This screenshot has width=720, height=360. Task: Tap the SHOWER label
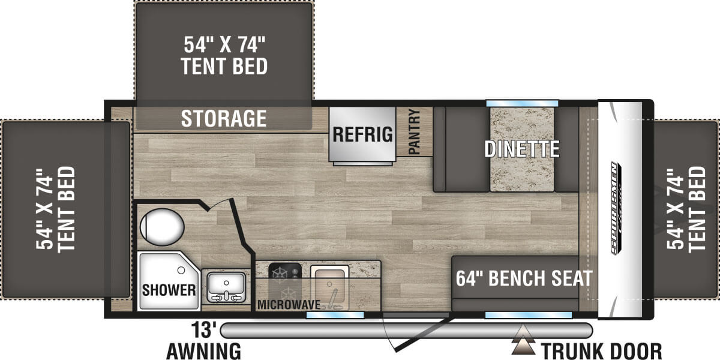[x=169, y=290]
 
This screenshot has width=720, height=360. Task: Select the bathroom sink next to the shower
[x=225, y=287]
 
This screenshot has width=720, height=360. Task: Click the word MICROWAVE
[x=288, y=304]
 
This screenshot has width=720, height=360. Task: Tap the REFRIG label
[x=362, y=134]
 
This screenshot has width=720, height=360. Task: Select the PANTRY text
[x=414, y=131]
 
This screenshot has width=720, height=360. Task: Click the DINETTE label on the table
[x=522, y=148]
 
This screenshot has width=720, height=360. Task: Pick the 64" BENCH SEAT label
[x=524, y=278]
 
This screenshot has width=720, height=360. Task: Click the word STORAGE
[x=224, y=118]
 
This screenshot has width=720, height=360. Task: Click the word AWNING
[x=203, y=350]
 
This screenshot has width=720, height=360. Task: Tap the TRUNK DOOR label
[x=601, y=350]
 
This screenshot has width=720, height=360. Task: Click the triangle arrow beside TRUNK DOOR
[x=524, y=345]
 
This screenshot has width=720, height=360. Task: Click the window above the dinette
[x=522, y=103]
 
